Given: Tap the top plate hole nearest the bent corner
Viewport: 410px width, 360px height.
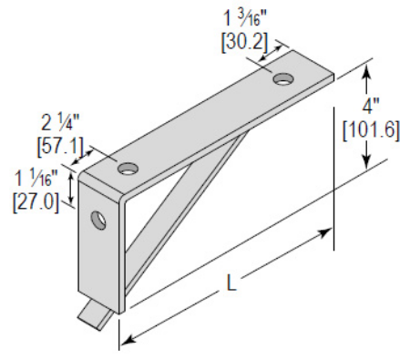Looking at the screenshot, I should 128,169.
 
